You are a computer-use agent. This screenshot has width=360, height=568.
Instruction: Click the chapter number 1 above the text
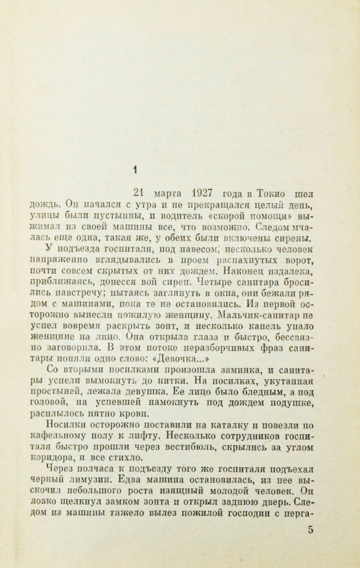click(135, 171)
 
